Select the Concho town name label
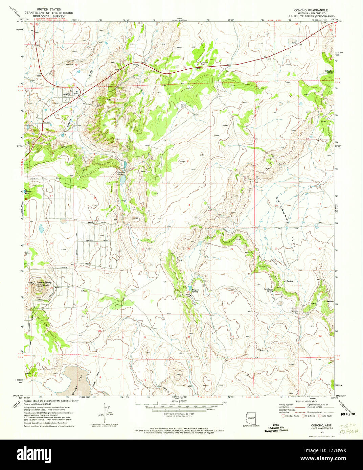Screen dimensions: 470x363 pos(67,94)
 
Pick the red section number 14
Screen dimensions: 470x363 pos(188,205)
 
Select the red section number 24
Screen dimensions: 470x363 pos(232,249)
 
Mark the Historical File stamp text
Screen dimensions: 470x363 pos(276,428)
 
